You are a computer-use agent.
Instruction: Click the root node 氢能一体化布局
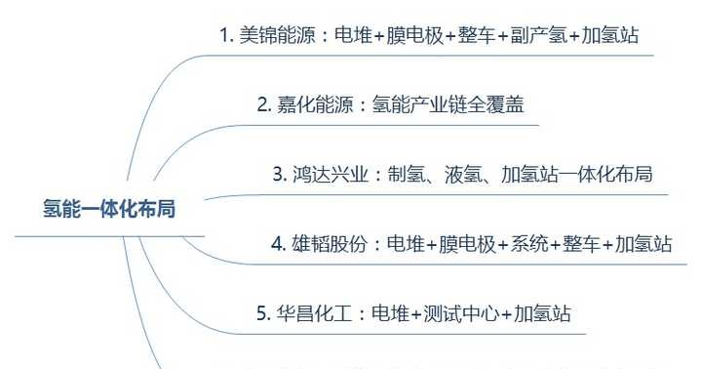(x=108, y=209)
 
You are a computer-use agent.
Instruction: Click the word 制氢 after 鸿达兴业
(x=405, y=175)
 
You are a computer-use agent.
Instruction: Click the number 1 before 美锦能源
(x=223, y=37)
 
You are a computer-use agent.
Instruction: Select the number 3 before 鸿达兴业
(x=277, y=175)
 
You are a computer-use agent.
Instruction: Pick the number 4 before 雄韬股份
(x=276, y=244)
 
